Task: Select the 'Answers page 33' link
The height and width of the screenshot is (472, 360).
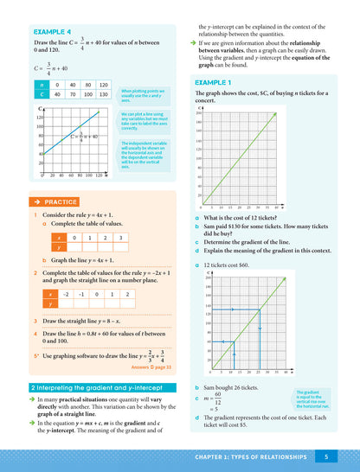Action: click(x=151, y=367)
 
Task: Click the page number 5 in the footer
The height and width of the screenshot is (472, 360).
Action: click(x=325, y=456)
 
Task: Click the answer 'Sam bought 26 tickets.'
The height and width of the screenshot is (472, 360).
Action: click(x=237, y=391)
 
